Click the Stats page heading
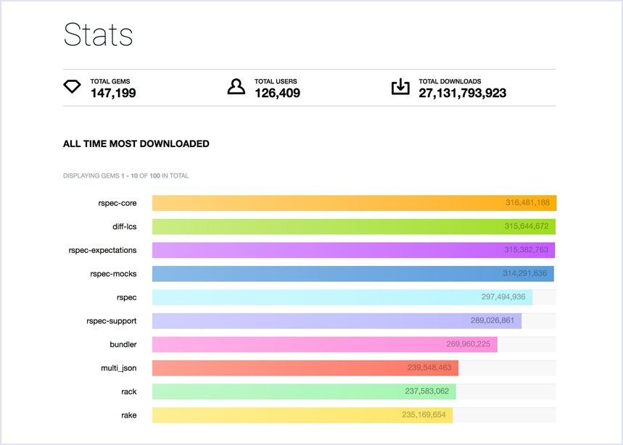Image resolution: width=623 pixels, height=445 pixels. tap(98, 35)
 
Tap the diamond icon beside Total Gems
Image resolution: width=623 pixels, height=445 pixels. tap(73, 88)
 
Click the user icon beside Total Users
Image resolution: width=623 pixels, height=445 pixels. tap(236, 87)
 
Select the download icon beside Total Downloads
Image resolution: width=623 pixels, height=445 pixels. tap(400, 87)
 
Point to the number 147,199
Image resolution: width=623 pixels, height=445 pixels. tap(112, 93)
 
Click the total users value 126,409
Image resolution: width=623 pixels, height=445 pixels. tap(277, 93)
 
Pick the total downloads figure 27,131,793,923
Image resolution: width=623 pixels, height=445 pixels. tap(462, 93)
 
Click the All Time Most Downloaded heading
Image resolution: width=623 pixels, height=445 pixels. tap(136, 144)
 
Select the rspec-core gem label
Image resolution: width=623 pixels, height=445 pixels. tap(117, 203)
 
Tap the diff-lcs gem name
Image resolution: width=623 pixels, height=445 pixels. tap(124, 227)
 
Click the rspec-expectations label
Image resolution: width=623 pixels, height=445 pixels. tap(102, 250)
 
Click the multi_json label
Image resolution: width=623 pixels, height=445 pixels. tap(119, 368)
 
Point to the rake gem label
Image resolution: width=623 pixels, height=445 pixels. tap(128, 415)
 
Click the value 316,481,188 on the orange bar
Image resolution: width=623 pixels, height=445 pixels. tap(527, 203)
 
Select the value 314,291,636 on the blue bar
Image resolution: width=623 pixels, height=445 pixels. tap(525, 273)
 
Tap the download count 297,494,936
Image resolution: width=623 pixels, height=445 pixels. tap(503, 297)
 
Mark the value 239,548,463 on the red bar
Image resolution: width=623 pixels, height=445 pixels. tap(429, 367)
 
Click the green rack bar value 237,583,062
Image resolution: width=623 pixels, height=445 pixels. tap(426, 391)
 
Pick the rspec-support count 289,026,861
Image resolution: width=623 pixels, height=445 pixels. tap(492, 320)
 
